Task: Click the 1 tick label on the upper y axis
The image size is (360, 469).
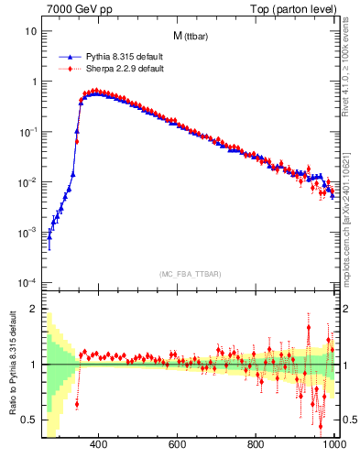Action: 33,82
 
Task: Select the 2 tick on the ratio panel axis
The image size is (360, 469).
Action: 33,310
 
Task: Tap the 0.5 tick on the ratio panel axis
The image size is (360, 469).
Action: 29,420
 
